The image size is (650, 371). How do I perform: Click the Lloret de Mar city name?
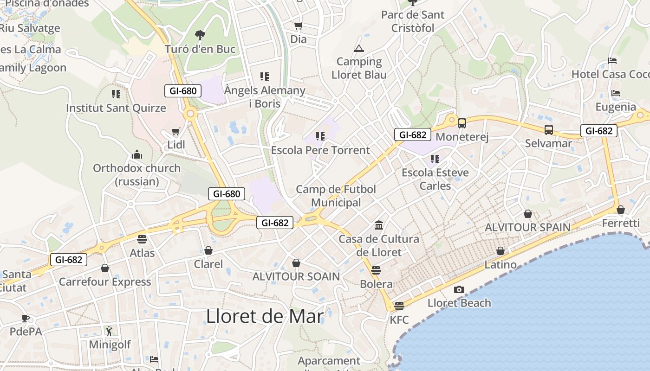pyautogui.click(x=265, y=316)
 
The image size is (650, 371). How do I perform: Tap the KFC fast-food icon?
pyautogui.click(x=399, y=306)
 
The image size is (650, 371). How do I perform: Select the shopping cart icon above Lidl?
pyautogui.click(x=175, y=132)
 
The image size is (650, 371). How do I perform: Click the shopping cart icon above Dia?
pyautogui.click(x=298, y=26)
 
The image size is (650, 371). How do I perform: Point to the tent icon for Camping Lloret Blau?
pyautogui.click(x=359, y=48)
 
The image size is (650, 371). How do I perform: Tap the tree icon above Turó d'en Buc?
pyautogui.click(x=200, y=35)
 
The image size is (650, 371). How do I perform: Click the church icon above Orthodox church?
pyautogui.click(x=137, y=154)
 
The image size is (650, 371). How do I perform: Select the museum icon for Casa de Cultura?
pyautogui.click(x=378, y=225)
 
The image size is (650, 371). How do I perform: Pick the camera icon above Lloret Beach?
pyautogui.click(x=459, y=289)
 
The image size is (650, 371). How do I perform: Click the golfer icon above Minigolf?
pyautogui.click(x=109, y=331)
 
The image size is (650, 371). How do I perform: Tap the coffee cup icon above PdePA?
pyautogui.click(x=26, y=318)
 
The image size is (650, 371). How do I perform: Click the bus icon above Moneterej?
pyautogui.click(x=461, y=123)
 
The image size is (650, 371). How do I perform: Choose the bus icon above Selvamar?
pyautogui.click(x=548, y=130)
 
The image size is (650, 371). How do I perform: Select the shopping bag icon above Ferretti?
pyautogui.click(x=621, y=210)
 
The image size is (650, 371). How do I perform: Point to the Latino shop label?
pyautogui.click(x=500, y=265)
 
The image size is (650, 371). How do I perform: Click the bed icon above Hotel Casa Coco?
pyautogui.click(x=612, y=61)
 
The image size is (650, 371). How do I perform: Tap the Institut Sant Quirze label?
pyautogui.click(x=116, y=108)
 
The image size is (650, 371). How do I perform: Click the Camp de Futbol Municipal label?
pyautogui.click(x=336, y=196)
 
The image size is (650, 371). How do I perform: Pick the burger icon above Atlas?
pyautogui.click(x=142, y=239)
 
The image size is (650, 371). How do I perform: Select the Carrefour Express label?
pyautogui.click(x=105, y=281)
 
